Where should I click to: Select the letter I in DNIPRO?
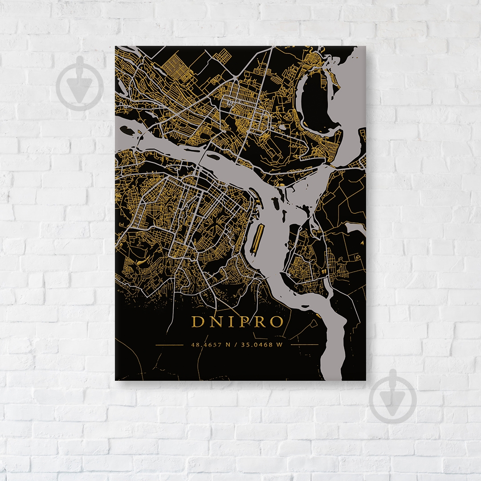227,322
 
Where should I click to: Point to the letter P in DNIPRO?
241,322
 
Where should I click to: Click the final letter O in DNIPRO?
276,322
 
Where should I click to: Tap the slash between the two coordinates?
237,345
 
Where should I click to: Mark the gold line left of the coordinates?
169,345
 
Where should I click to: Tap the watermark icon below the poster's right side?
392,396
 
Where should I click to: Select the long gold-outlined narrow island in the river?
257,239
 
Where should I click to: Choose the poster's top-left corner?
115,46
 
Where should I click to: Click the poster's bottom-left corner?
115,380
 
